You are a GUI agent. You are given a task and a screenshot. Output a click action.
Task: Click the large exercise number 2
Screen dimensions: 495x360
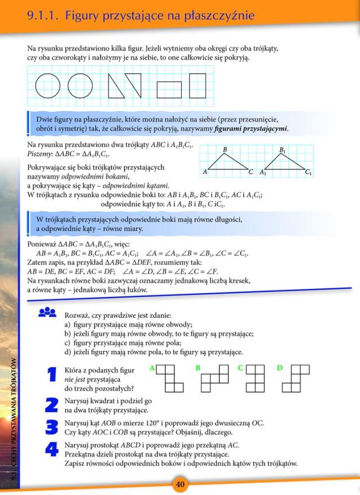(x=52, y=404)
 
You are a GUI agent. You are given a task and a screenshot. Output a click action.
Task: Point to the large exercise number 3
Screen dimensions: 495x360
(x=52, y=427)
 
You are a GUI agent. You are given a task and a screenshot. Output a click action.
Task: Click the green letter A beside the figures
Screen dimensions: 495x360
(x=152, y=368)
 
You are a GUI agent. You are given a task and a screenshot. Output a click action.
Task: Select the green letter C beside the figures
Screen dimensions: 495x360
(x=240, y=368)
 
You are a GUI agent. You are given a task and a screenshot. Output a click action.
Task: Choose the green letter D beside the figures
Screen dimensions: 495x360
(x=280, y=368)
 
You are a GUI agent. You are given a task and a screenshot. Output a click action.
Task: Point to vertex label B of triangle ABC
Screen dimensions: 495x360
(x=225, y=149)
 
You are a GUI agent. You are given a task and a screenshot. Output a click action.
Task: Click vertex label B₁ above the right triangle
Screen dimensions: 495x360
(x=282, y=150)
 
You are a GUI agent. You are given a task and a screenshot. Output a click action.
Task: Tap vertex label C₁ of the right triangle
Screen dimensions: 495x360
(x=309, y=173)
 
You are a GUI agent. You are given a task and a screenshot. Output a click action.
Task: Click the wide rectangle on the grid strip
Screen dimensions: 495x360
(x=169, y=89)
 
